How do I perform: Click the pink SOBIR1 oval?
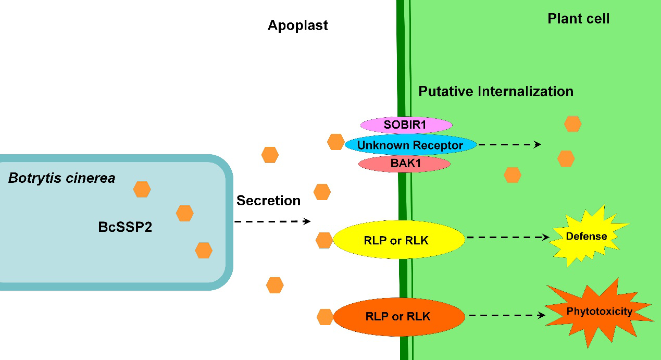pos(406,125)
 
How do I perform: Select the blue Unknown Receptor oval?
pos(410,145)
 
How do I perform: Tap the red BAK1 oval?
pos(404,164)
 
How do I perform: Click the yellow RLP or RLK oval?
pos(398,240)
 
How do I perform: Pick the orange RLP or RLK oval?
pos(398,316)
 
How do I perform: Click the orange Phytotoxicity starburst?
pos(599,312)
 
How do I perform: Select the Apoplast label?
pos(298,25)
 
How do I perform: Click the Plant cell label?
pos(578,19)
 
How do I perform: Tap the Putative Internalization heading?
pos(496,91)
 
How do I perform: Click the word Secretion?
pos(268,201)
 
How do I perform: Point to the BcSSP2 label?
pos(125,227)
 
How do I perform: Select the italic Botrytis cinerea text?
pos(61,179)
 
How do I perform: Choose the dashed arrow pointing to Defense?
pos(508,237)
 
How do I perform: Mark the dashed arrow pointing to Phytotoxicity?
pos(507,315)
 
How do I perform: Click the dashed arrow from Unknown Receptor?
pos(509,145)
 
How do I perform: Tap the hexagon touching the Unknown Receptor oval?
pos(335,142)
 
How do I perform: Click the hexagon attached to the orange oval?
pos(325,316)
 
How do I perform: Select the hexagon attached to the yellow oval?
pos(324,240)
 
